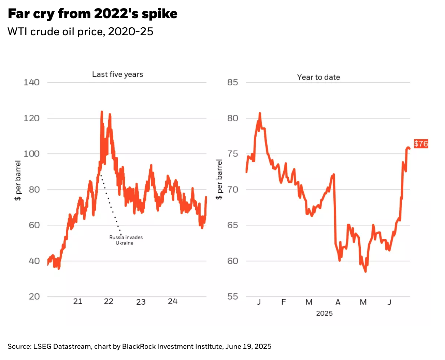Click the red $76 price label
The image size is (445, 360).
(421, 143)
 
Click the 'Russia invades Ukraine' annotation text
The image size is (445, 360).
(126, 240)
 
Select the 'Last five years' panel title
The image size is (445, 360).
(117, 74)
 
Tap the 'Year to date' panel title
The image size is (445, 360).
(318, 77)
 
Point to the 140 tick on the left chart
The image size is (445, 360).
(31, 82)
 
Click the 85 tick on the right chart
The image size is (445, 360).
(233, 82)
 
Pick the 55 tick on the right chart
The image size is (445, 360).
(233, 296)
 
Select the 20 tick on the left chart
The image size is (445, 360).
(34, 296)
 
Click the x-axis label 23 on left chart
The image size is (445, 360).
(141, 302)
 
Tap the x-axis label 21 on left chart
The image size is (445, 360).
(78, 301)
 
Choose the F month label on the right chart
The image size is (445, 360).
(284, 302)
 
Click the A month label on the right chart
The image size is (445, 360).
(338, 302)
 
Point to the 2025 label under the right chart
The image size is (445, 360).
(324, 313)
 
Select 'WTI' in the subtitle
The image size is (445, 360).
(18, 31)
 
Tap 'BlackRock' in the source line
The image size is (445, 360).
(139, 346)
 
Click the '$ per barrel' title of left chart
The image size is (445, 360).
(18, 180)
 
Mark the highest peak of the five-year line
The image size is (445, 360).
(102, 112)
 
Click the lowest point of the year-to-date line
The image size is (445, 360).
(365, 272)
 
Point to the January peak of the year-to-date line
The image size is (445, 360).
(260, 113)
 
